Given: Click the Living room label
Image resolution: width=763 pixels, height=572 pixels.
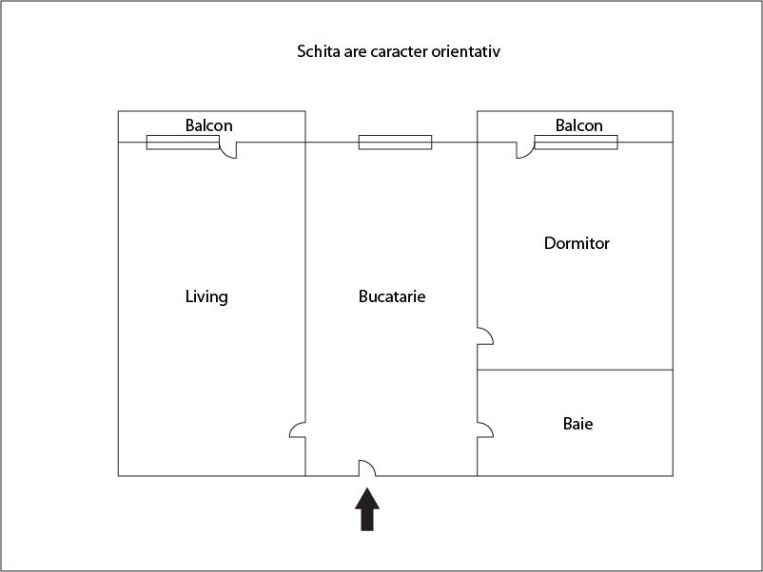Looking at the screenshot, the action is [x=206, y=296].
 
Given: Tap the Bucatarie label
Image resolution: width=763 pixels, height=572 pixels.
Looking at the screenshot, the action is [x=392, y=296].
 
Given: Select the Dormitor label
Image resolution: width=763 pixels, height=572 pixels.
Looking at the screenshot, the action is [x=577, y=243].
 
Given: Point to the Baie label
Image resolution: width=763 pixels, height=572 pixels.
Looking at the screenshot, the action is [x=577, y=424].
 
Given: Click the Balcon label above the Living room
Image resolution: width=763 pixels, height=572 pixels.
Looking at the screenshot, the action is [x=208, y=125].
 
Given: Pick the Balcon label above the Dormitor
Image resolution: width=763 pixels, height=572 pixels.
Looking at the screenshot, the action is [x=579, y=125].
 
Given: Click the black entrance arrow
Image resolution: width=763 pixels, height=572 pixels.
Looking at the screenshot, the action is [x=367, y=509].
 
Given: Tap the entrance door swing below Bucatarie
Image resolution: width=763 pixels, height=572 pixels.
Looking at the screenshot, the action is [x=367, y=468].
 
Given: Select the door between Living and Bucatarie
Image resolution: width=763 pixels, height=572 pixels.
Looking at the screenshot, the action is [x=298, y=429].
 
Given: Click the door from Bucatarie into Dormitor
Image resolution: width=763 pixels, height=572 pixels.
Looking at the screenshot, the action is [x=485, y=335].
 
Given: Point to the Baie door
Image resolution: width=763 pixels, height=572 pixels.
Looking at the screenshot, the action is [x=485, y=429].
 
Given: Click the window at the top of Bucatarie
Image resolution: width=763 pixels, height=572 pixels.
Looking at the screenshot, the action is [x=395, y=143].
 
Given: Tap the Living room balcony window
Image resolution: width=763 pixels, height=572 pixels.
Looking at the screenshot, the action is [x=183, y=143].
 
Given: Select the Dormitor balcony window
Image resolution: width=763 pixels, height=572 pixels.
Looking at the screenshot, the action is [x=577, y=143].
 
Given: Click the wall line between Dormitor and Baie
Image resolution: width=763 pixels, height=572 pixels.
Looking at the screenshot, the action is [x=576, y=370].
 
